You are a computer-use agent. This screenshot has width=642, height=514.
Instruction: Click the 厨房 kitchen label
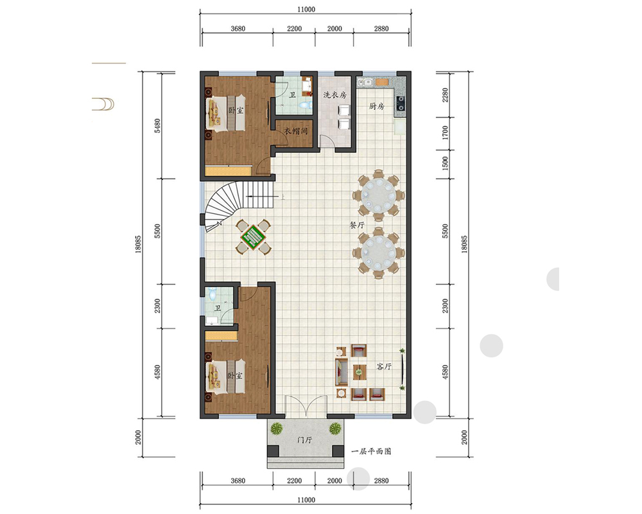point(377,107)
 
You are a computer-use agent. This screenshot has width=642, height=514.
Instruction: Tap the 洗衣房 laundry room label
point(335,95)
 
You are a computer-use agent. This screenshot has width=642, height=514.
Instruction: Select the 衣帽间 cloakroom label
point(295,131)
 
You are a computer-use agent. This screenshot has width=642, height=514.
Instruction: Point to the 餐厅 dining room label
point(357,225)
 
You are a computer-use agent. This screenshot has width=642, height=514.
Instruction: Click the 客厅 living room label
point(384,367)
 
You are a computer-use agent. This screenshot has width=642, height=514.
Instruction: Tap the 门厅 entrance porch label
point(304,440)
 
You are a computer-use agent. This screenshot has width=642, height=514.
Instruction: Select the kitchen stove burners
point(401,103)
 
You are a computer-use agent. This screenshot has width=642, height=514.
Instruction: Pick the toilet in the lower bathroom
point(212,294)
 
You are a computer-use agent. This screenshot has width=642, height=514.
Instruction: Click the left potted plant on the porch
point(277,429)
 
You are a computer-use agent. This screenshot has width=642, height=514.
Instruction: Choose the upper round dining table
point(379,193)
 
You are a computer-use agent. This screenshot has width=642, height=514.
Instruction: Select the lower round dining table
point(379,251)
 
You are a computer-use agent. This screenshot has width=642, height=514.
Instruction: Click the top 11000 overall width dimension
point(306,9)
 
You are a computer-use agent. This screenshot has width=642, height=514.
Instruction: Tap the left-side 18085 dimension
point(138,244)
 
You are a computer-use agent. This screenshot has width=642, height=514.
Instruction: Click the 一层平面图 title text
point(371,451)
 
